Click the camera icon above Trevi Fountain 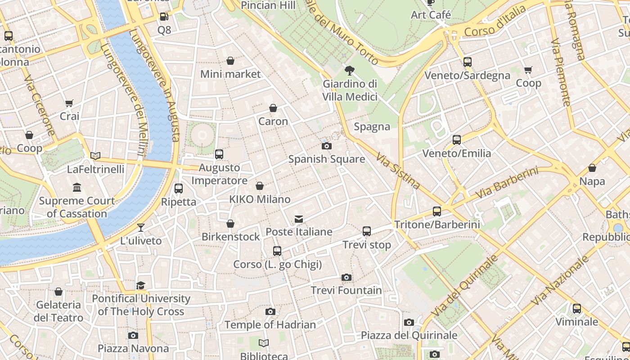(346, 277)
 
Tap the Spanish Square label (326, 159)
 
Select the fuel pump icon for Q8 (164, 17)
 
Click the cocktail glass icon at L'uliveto (141, 228)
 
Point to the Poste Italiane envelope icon (299, 219)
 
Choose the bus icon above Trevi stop (367, 231)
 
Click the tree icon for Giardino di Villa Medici (349, 70)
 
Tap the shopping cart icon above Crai (69, 103)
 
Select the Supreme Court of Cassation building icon (77, 187)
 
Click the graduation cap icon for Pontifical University (141, 285)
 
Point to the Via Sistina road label (398, 171)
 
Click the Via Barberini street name (507, 184)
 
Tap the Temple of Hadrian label (270, 325)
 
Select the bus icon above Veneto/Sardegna (468, 62)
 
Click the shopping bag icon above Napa (592, 168)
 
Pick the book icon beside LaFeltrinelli (95, 156)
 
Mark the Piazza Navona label (133, 349)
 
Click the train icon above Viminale (577, 309)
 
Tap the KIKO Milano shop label (260, 199)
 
